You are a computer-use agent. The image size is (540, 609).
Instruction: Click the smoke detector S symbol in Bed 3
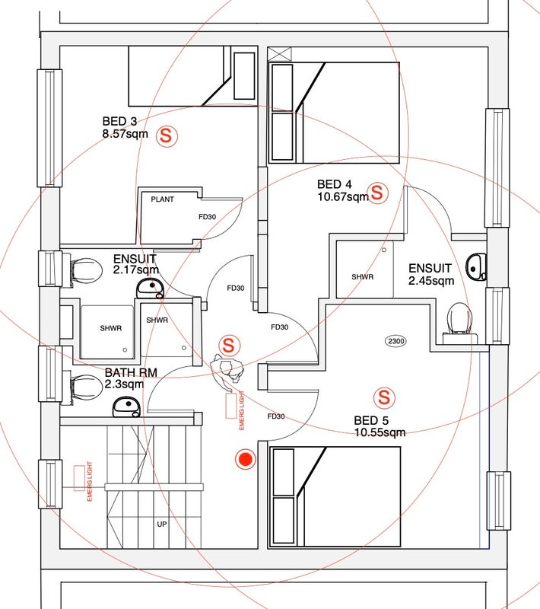pos(167,136)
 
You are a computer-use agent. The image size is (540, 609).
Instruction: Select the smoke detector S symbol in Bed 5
pos(384,397)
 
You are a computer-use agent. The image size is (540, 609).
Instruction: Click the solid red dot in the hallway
pos(245,459)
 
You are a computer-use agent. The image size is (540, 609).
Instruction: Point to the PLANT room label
pos(162,199)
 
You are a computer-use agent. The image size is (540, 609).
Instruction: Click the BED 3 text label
pos(119,121)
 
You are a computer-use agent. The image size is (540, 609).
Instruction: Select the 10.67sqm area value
pos(342,196)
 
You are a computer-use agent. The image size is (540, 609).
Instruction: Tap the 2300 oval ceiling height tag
pos(396,342)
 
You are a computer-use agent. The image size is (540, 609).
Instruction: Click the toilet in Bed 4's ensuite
pos(459,317)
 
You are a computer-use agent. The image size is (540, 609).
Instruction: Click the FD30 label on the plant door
pos(207,217)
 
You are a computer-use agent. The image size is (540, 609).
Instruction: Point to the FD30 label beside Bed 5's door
pos(275,416)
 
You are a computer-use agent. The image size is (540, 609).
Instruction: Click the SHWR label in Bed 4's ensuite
pos(362,276)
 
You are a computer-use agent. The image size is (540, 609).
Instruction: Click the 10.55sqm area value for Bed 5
pos(380,432)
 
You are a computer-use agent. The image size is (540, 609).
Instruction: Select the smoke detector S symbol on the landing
pos(230,345)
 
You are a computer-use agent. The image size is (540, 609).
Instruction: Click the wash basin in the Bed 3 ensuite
pos(150,288)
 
